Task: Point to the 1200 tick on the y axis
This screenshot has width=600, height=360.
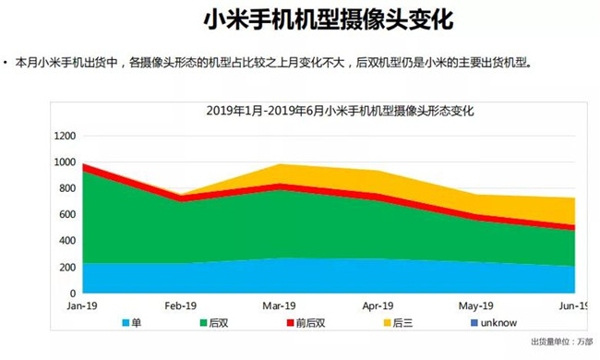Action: pos(65,136)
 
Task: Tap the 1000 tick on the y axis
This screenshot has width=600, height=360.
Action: pos(65,162)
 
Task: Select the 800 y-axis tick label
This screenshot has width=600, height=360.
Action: pos(67,188)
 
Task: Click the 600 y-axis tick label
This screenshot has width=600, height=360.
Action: pos(67,215)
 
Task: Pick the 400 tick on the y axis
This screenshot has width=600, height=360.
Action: pos(67,241)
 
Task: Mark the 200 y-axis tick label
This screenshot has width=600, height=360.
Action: pos(67,268)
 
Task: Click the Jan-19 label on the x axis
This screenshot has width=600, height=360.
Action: pos(83,306)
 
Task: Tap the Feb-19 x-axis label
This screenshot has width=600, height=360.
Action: pos(181,306)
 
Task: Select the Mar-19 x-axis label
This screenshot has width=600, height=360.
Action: pos(279,306)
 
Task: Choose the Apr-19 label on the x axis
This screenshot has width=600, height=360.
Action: pos(378,306)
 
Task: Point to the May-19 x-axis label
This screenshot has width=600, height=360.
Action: pos(477,306)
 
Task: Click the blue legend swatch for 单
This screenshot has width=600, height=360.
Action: pos(126,323)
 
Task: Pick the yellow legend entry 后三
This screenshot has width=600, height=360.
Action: pos(396,323)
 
